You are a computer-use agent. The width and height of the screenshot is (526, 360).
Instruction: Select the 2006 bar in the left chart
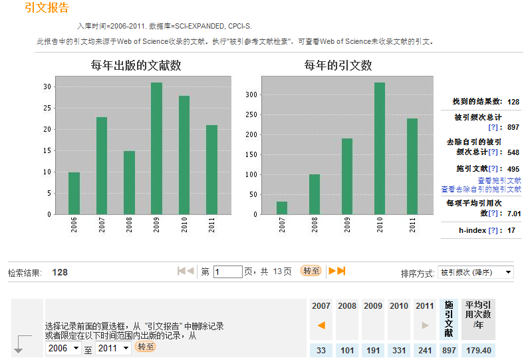[74, 193]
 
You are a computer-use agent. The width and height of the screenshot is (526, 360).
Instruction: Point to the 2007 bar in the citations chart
[282, 208]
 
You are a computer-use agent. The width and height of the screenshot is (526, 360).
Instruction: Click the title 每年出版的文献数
[136, 65]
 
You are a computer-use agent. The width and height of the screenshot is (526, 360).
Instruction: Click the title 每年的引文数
[338, 65]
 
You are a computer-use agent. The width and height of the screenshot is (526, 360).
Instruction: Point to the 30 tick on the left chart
[47, 87]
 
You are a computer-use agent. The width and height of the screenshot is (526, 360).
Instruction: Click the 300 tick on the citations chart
[250, 94]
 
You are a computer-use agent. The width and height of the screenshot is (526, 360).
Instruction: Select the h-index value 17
[511, 230]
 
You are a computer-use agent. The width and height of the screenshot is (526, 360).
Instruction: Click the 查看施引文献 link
[499, 180]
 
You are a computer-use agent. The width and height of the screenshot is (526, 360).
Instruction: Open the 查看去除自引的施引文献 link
[481, 189]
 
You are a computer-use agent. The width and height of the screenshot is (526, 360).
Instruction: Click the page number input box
[227, 271]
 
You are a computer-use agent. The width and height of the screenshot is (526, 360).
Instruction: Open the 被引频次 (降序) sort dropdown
[475, 272]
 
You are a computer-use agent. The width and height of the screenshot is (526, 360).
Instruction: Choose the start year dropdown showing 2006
[64, 348]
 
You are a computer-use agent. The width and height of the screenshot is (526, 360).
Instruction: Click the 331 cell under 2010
[399, 351]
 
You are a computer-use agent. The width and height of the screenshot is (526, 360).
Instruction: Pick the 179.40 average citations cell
[479, 351]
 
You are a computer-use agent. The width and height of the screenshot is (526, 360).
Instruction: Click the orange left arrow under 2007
[321, 325]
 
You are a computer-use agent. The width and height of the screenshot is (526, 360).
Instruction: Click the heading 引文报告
[47, 8]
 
